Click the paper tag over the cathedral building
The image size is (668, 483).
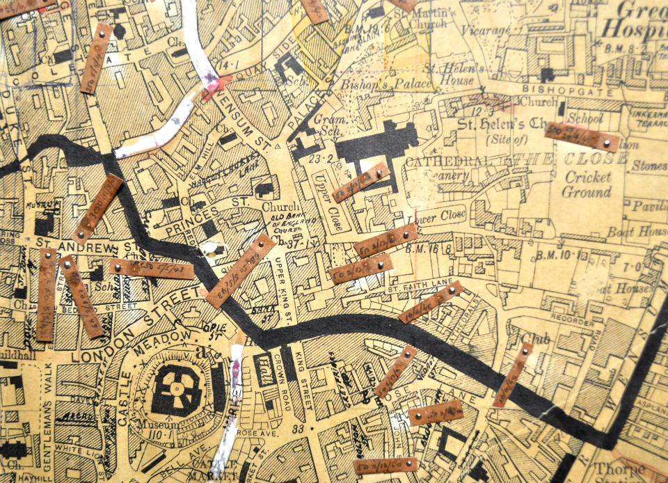click(x=360, y=182)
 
